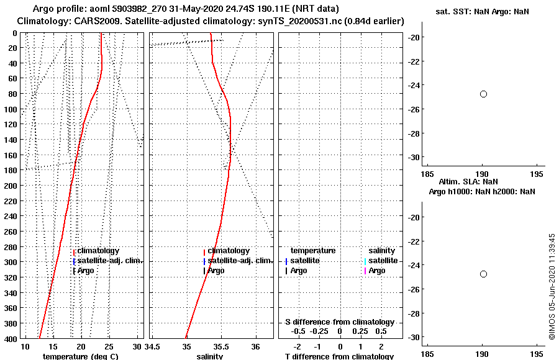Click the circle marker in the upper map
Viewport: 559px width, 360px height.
point(483,94)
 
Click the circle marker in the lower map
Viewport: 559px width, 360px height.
point(483,274)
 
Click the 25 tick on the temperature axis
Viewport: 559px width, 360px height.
point(109,346)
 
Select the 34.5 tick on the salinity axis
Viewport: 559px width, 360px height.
point(153,346)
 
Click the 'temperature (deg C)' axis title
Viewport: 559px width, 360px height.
point(80,356)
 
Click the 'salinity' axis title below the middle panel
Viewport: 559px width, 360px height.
point(210,356)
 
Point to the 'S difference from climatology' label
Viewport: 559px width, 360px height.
point(340,322)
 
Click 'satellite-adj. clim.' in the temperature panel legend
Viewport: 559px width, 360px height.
point(110,261)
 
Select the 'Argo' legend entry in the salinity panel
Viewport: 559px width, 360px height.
point(216,271)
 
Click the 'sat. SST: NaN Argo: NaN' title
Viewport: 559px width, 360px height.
point(482,12)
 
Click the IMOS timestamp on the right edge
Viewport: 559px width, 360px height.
point(551,287)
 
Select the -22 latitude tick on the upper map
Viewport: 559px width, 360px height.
point(414,61)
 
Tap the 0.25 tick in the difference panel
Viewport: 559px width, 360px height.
point(360,331)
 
